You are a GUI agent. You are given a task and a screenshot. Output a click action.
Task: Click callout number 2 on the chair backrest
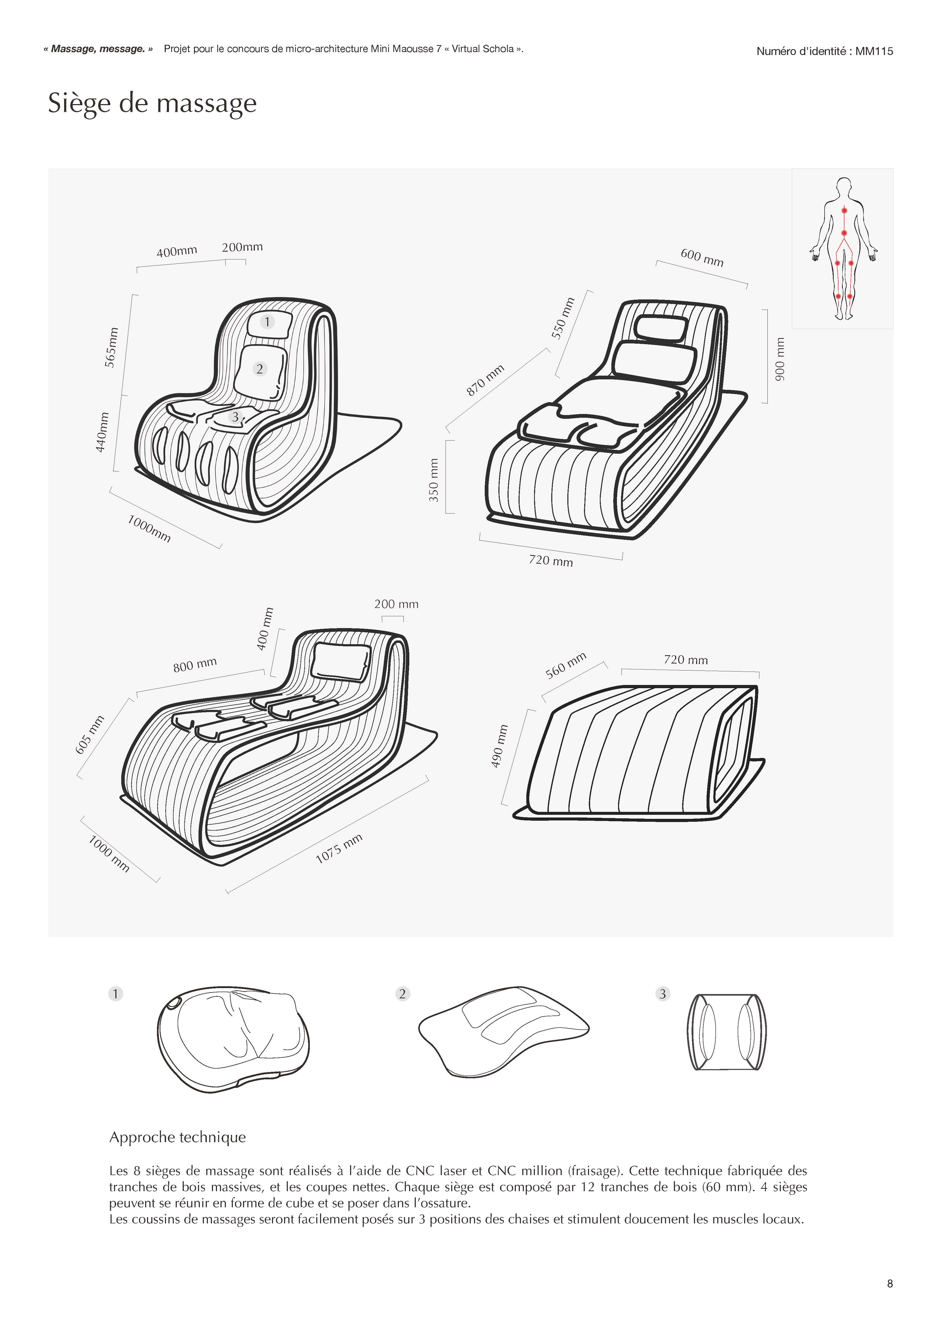click(260, 369)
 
